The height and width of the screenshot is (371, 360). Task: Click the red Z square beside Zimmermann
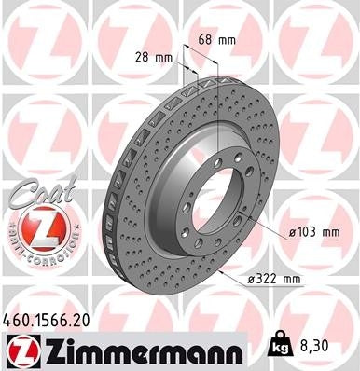[x=17, y=350]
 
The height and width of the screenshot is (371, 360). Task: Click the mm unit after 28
[x=165, y=58]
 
